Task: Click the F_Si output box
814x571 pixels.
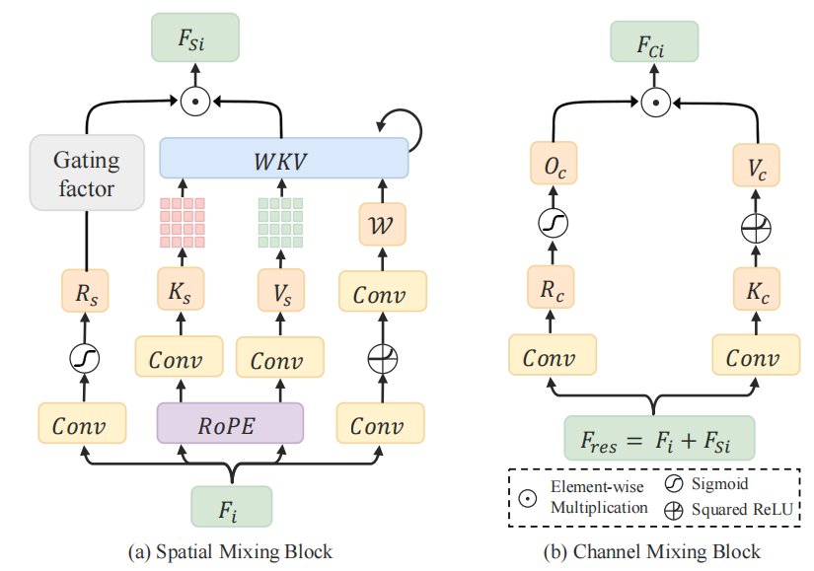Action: coord(195,38)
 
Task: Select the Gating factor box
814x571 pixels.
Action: coord(87,173)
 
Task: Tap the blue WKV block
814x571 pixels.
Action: coord(283,157)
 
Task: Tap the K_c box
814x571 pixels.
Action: coord(757,293)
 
